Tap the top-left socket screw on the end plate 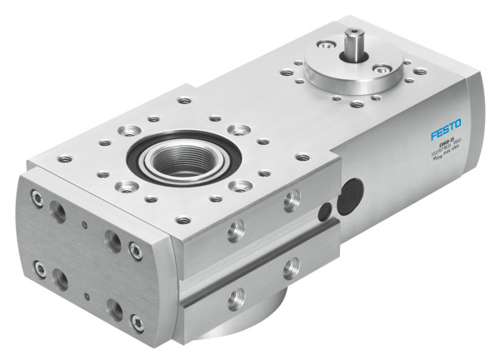(x=37, y=197)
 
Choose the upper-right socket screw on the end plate (x=135, y=249)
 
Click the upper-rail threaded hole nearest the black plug (x=292, y=199)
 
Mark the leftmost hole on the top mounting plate (x=63, y=157)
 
